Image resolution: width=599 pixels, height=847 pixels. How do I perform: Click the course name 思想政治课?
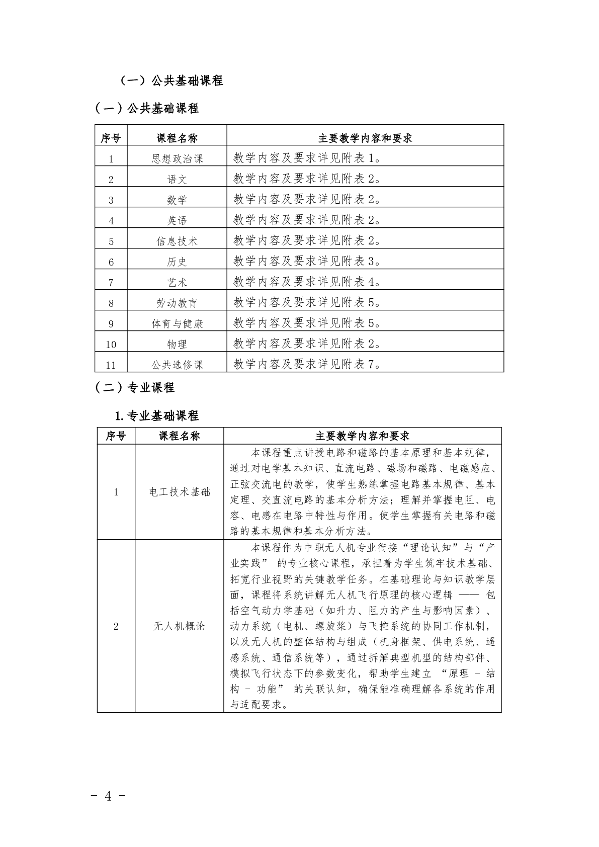tap(177, 158)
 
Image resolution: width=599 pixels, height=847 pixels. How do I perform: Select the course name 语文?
tap(177, 179)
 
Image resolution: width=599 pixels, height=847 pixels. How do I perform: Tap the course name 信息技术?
tap(177, 241)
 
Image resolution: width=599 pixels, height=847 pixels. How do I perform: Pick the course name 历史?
tap(177, 262)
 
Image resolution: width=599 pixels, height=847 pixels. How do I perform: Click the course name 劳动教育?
tap(177, 303)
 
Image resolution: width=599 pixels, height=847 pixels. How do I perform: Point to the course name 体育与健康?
tap(177, 323)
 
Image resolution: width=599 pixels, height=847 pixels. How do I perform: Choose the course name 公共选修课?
tap(177, 365)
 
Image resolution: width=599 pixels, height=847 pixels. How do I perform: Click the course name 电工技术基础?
tap(180, 492)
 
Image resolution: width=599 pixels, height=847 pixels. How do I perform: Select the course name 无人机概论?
tap(180, 626)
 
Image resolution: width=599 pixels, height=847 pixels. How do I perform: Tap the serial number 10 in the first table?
tap(111, 344)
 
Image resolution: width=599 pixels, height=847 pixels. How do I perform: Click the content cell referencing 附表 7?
tap(307, 364)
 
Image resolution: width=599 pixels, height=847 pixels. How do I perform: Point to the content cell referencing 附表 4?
tap(307, 282)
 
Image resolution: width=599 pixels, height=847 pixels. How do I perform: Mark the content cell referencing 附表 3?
tap(307, 261)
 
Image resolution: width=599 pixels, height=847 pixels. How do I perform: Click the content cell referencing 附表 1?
tap(307, 158)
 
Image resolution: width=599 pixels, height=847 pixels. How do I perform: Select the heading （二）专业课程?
tap(135, 387)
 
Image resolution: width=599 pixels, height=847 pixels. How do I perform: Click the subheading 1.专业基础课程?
tap(157, 415)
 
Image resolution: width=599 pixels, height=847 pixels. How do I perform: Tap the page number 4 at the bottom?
tap(108, 796)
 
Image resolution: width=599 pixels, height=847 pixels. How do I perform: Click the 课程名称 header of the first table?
tap(177, 138)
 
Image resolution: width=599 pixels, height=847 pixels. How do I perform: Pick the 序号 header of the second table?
tap(116, 436)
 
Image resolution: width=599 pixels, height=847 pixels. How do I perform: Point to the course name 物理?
tap(177, 344)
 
